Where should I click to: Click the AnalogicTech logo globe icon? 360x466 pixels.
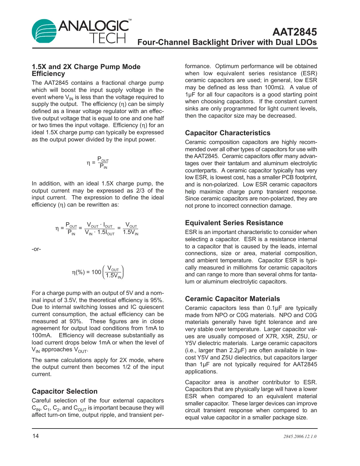pos(44,31)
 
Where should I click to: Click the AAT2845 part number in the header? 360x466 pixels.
pos(294,32)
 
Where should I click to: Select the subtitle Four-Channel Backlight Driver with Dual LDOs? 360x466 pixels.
pos(227,42)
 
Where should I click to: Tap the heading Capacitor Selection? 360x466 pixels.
pos(65,391)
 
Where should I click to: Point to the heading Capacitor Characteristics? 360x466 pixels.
pos(227,133)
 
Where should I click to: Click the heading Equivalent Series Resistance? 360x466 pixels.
pos(234,223)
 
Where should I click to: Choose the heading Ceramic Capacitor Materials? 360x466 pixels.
pos(232,299)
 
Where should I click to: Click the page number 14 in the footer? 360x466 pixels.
pos(36,436)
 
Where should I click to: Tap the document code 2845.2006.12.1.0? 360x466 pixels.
pos(300,436)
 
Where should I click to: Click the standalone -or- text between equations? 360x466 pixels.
pos(36,249)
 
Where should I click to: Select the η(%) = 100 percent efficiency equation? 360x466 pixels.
pos(97,272)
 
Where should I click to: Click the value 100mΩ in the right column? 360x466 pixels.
pos(274,87)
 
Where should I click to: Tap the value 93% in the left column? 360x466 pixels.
pos(76,321)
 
